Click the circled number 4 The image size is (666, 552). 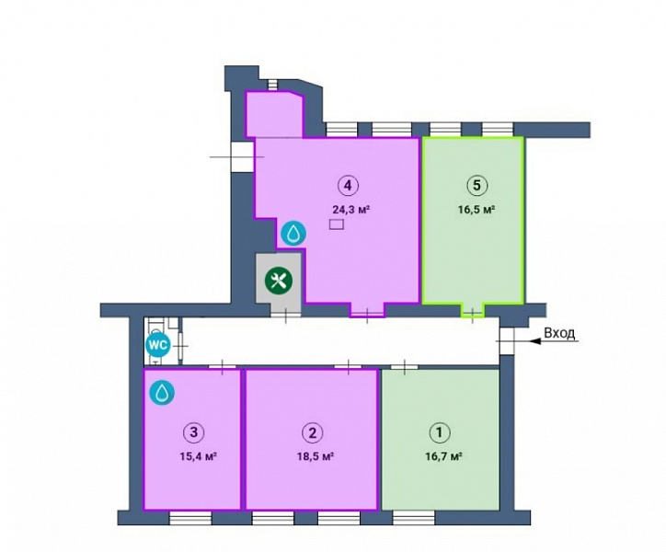(348, 185)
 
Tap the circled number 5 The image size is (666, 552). (477, 185)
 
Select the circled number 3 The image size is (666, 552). (193, 432)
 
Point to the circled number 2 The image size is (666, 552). (312, 432)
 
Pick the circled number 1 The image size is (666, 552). (439, 432)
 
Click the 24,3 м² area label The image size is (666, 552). (350, 209)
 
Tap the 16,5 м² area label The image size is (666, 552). (477, 209)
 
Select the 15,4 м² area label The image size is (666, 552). (199, 456)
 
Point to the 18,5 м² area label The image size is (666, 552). (315, 456)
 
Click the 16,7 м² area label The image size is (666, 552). (443, 456)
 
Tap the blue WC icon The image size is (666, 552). (158, 345)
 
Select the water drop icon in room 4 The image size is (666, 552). (293, 234)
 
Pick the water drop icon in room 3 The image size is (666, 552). (162, 393)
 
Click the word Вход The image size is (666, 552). (559, 333)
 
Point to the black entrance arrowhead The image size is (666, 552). (536, 340)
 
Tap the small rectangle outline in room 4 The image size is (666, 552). (337, 224)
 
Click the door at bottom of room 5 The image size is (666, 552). (472, 312)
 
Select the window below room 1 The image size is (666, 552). (413, 518)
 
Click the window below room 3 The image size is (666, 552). (190, 518)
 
